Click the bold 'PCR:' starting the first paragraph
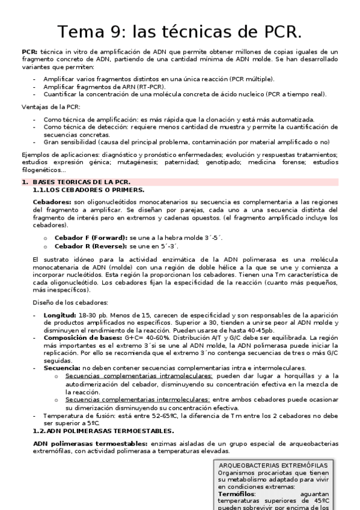click(x=29, y=53)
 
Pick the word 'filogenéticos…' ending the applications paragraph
click(x=43, y=171)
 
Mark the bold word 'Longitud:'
click(x=59, y=315)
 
